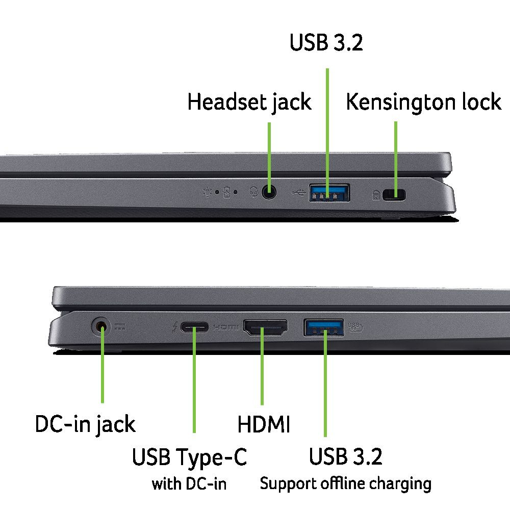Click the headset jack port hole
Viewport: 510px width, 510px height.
click(269, 192)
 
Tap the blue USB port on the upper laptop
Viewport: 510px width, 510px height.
click(329, 193)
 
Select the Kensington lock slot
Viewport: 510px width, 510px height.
click(394, 195)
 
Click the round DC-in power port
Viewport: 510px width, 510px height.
click(100, 327)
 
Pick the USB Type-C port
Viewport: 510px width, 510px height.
click(194, 327)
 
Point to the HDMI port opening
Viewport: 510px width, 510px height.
click(265, 327)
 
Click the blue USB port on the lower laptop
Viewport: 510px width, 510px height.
click(324, 327)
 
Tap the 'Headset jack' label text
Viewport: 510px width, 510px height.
click(249, 102)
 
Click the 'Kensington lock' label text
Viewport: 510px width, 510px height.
click(423, 102)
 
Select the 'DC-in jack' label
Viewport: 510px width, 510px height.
click(85, 424)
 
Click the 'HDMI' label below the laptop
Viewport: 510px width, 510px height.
click(264, 424)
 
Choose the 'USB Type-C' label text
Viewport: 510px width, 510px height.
click(189, 457)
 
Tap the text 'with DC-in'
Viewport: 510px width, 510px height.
click(189, 483)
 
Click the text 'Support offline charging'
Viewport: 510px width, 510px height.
click(345, 483)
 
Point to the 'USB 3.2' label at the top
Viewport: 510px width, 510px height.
click(326, 42)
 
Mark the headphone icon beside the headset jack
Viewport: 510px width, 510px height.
click(253, 192)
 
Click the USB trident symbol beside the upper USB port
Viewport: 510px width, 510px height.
click(298, 193)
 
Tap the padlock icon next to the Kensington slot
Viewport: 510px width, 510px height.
click(376, 195)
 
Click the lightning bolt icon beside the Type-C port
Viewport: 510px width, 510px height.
click(174, 327)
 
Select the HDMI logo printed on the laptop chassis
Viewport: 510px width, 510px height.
click(226, 327)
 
